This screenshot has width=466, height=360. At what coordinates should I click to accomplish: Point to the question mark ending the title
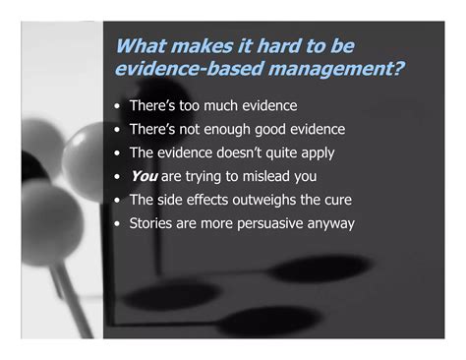click(401, 69)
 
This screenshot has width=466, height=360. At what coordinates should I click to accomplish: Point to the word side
click(172, 200)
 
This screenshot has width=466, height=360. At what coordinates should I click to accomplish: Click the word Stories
click(152, 223)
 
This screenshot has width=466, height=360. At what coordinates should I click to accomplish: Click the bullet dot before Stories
click(119, 223)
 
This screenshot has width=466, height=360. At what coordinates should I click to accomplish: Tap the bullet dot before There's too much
click(119, 105)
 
